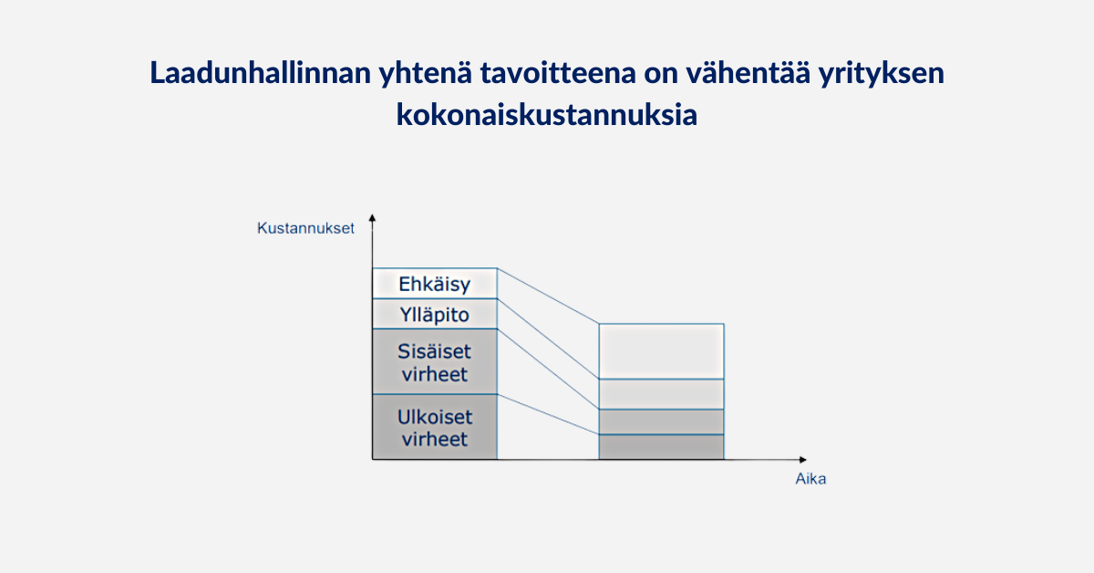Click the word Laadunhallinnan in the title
pos(261,73)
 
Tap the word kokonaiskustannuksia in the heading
pos(546,115)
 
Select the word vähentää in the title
pos(748,73)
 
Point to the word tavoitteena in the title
pos(558,73)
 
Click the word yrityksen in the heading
pos(881,74)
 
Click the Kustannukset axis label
pos(305,228)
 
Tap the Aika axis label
pos(810,479)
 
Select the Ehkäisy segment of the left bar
pos(435,284)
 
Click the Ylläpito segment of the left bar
pos(435,314)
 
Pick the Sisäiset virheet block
pos(435,362)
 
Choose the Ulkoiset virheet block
pos(435,427)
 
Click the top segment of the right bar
pos(661,351)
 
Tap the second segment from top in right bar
pos(661,394)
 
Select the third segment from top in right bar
pos(661,422)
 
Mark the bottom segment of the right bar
pos(661,447)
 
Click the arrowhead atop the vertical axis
pos(372,217)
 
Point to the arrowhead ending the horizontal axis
pos(803,460)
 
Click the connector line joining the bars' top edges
pos(548,296)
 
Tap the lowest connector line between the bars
pos(548,414)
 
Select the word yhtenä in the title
pos(426,74)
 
